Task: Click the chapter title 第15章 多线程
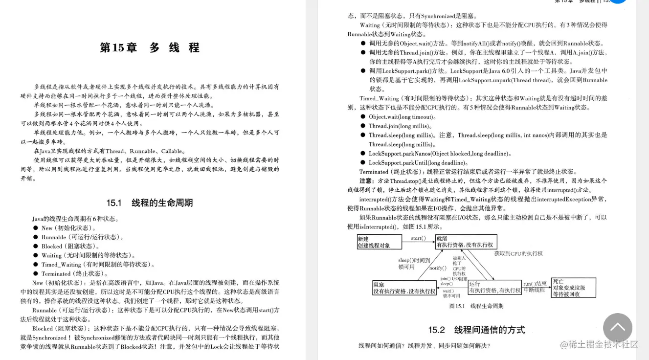pyautogui.click(x=150, y=48)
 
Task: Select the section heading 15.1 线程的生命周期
pyautogui.click(x=150, y=202)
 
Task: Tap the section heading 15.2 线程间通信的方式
pyautogui.click(x=476, y=330)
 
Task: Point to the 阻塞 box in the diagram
pyautogui.click(x=404, y=288)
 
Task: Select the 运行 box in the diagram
pyautogui.click(x=494, y=287)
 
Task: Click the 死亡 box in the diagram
pyautogui.click(x=575, y=288)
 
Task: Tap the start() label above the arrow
pyautogui.click(x=418, y=238)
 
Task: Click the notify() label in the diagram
pyautogui.click(x=438, y=268)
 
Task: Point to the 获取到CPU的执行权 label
pyautogui.click(x=518, y=253)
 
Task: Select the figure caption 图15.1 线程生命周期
pyautogui.click(x=476, y=306)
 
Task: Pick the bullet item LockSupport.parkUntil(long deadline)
pyautogui.click(x=418, y=163)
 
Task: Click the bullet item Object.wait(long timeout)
pyautogui.click(x=402, y=117)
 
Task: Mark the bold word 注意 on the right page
pyautogui.click(x=366, y=181)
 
